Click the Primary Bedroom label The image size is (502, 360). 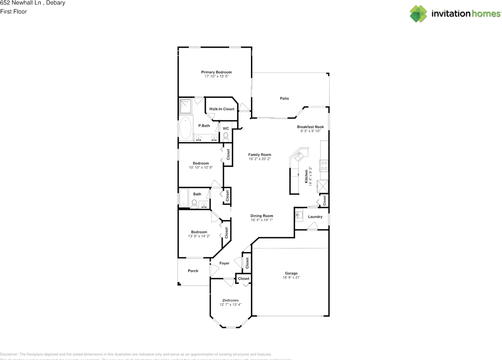click(216, 72)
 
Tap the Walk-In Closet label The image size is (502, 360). click(222, 109)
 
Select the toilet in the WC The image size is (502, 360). click(226, 136)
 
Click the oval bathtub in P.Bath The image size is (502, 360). click(186, 127)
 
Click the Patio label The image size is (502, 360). click(284, 98)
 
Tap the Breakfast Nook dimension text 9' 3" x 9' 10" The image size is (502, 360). click(310, 131)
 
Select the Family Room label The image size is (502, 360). click(260, 155)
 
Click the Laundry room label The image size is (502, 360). click(315, 217)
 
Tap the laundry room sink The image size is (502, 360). click(299, 215)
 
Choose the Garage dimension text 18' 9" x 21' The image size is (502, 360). click(291, 277)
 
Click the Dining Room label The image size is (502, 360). click(262, 216)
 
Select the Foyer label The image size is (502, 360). click(224, 263)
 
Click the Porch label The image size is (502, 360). click(193, 271)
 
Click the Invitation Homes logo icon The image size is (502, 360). click(418, 14)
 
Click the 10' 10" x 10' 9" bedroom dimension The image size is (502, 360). click(200, 167)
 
